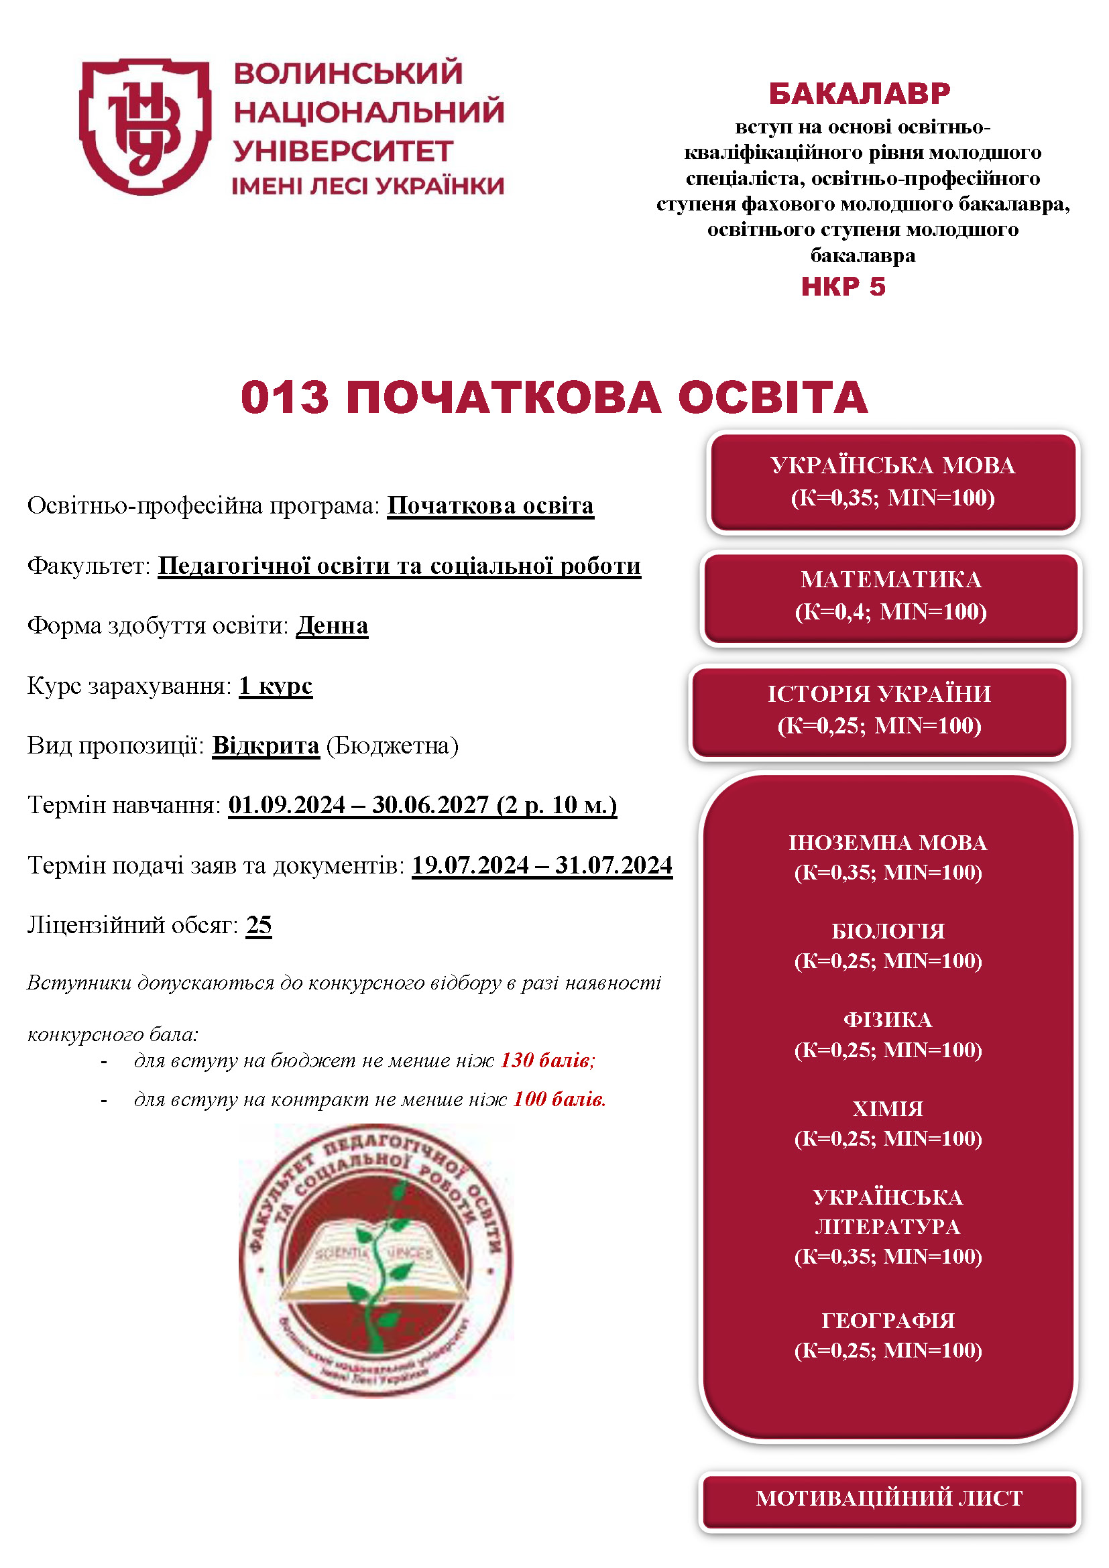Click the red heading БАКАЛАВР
click(x=859, y=94)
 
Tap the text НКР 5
click(x=843, y=287)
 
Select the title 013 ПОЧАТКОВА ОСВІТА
click(x=554, y=398)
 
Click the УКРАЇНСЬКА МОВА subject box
click(x=892, y=481)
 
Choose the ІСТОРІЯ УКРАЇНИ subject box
click(x=879, y=710)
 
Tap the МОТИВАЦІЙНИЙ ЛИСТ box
click(x=889, y=1498)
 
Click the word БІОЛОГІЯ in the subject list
click(x=888, y=932)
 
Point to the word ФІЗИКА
click(x=888, y=1020)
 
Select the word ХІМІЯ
click(x=888, y=1109)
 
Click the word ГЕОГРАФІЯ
click(x=888, y=1321)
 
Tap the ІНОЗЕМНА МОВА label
click(x=888, y=843)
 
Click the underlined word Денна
click(x=332, y=625)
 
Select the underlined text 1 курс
click(x=276, y=686)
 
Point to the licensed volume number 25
click(x=259, y=925)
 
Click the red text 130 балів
click(x=546, y=1060)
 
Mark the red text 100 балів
click(x=559, y=1099)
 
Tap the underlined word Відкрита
click(x=266, y=745)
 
